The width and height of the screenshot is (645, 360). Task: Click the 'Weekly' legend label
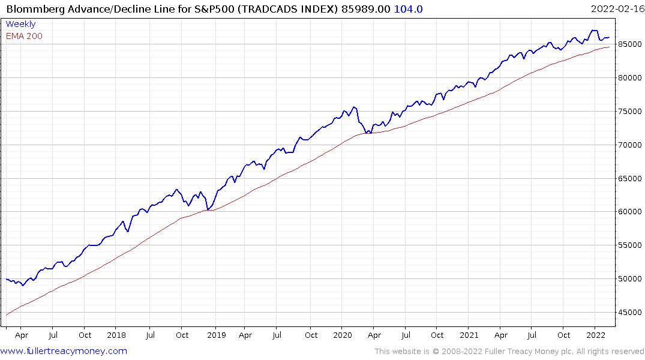pos(20,24)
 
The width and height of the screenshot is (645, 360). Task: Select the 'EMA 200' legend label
pos(24,36)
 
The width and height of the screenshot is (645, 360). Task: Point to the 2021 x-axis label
pos(469,335)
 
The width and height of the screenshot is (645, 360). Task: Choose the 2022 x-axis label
pos(595,335)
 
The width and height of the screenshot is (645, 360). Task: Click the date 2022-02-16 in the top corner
pos(616,8)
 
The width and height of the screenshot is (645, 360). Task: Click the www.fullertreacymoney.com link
pos(64,351)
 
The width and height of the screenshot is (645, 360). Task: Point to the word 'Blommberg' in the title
pos(33,8)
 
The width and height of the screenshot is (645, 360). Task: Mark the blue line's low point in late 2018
pos(207,209)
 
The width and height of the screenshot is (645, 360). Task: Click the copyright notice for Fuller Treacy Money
pos(509,351)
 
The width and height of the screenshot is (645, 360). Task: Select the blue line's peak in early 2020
pos(355,107)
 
